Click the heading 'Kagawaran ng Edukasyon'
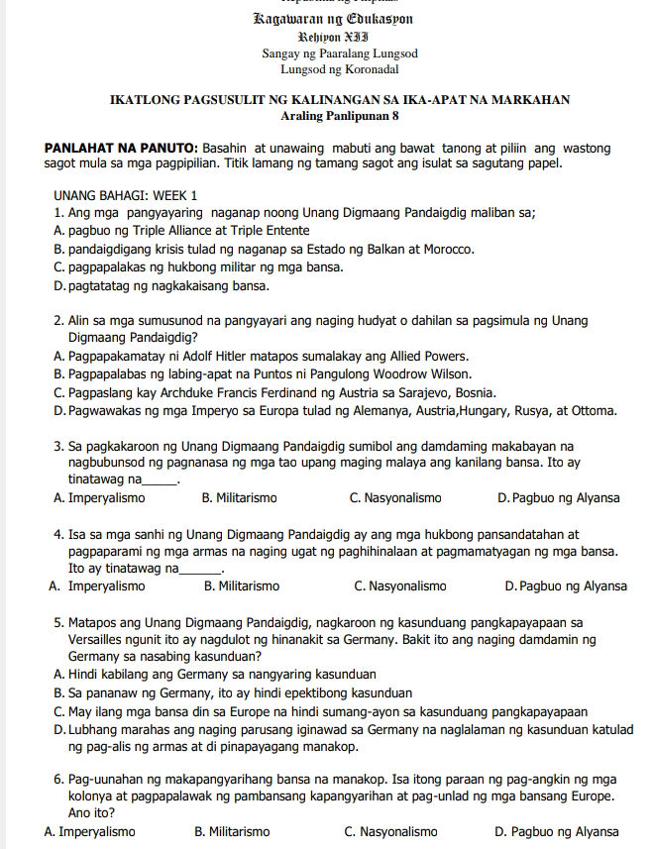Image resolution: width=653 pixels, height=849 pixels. click(x=332, y=19)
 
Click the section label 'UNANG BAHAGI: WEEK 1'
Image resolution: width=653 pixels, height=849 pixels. click(x=126, y=195)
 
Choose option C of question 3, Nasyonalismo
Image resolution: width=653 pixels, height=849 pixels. click(x=395, y=497)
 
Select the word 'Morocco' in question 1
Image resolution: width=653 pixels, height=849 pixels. click(x=448, y=249)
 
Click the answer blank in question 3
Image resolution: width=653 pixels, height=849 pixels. click(x=160, y=481)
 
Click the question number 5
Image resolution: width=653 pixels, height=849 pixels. click(x=58, y=621)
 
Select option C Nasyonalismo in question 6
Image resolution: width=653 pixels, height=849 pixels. click(x=390, y=831)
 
